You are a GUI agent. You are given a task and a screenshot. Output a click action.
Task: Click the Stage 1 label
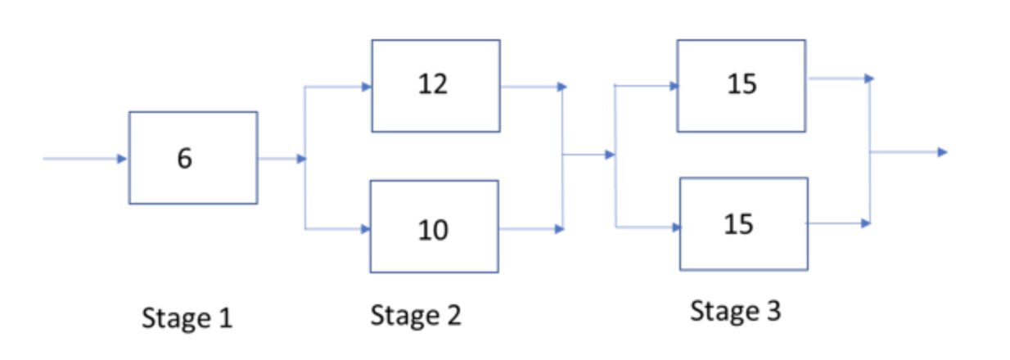pos(187,317)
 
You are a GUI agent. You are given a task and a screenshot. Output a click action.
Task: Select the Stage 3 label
pos(735,311)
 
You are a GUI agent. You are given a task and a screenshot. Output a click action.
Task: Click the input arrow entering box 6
pos(82,159)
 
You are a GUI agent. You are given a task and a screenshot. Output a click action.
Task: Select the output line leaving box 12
pos(530,86)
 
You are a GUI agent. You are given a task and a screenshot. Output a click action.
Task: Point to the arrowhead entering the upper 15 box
pos(674,85)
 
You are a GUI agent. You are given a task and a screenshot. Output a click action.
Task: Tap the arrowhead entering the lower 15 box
pos(675,227)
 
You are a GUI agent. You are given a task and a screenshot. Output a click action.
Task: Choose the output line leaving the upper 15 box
pos(839,79)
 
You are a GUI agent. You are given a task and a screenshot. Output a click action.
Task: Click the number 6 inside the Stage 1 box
pos(185,159)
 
